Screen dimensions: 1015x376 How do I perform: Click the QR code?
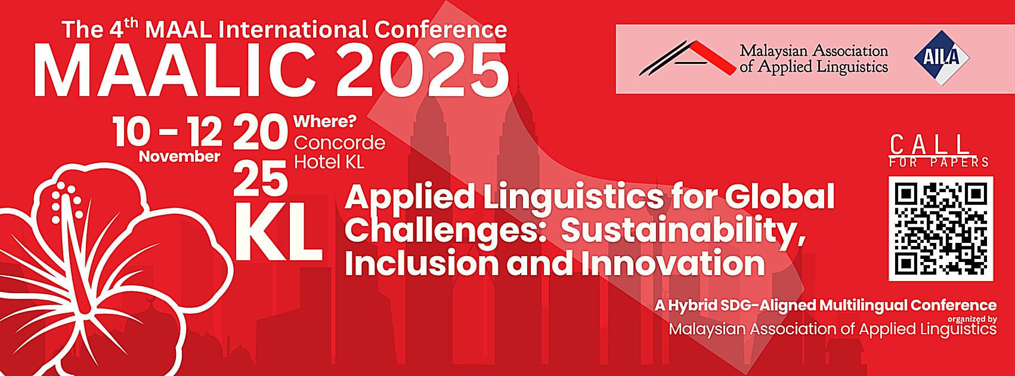(940, 229)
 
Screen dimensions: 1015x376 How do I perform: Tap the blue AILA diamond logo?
(942, 58)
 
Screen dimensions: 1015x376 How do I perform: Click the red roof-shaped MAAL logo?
(687, 58)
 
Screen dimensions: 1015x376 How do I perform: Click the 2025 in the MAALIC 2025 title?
(422, 70)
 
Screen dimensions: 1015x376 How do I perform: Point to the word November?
(180, 156)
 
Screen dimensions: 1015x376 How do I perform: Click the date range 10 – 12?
(167, 132)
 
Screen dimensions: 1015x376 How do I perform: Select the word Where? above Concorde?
(325, 122)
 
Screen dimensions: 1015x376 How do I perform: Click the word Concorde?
(340, 143)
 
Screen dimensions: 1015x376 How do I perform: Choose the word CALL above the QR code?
(929, 145)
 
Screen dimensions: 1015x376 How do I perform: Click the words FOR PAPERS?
(939, 162)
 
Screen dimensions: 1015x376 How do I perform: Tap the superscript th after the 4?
(131, 24)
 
